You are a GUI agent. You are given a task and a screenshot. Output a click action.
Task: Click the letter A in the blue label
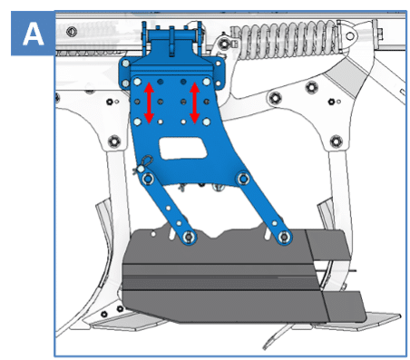pyautogui.click(x=33, y=34)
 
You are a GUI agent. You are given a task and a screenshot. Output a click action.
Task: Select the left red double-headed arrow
pyautogui.click(x=149, y=103)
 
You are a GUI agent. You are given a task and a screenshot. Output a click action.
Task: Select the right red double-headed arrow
pyautogui.click(x=194, y=103)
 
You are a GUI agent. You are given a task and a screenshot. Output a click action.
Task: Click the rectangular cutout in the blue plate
pyautogui.click(x=183, y=148)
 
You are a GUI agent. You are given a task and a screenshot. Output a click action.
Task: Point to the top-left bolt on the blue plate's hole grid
pyautogui.click(x=137, y=82)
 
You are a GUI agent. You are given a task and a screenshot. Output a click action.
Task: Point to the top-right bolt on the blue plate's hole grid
pyautogui.click(x=207, y=82)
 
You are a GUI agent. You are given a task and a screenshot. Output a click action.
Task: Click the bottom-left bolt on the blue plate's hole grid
pyautogui.click(x=137, y=122)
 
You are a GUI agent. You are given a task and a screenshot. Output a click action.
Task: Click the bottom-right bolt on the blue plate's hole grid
pyautogui.click(x=207, y=122)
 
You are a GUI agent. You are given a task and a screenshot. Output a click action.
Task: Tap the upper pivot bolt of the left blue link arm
pyautogui.click(x=148, y=179)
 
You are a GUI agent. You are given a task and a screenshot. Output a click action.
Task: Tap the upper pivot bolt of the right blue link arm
pyautogui.click(x=243, y=179)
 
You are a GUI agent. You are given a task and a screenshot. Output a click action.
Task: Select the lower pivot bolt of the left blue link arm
pyautogui.click(x=189, y=237)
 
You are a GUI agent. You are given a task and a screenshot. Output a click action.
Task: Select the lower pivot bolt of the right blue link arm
pyautogui.click(x=284, y=237)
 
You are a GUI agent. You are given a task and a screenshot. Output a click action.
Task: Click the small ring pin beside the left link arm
pyautogui.click(x=144, y=163)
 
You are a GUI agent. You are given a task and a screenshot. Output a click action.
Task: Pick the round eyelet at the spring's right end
pyautogui.click(x=350, y=36)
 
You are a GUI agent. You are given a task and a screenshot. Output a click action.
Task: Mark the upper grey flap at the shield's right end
pyautogui.click(x=328, y=245)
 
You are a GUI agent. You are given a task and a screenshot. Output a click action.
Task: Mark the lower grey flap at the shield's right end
pyautogui.click(x=344, y=306)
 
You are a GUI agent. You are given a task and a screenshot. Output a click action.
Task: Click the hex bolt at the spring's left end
pyautogui.click(x=224, y=44)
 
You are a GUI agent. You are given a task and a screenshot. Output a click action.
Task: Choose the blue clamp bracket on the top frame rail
pyautogui.click(x=172, y=54)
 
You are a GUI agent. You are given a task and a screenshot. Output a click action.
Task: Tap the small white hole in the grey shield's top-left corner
pyautogui.click(x=153, y=234)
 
